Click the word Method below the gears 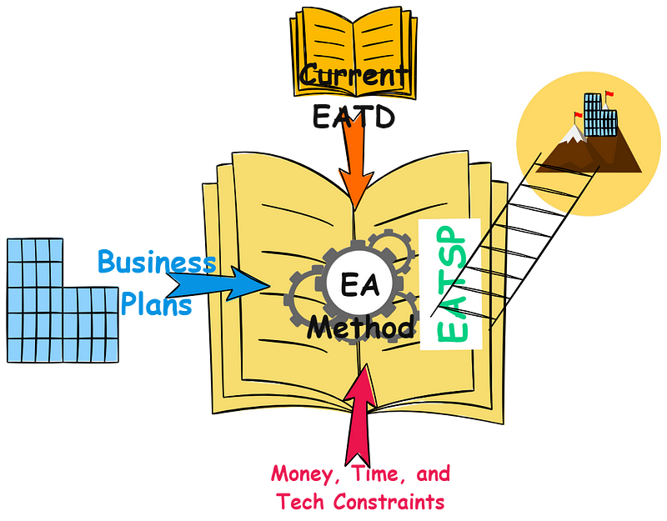pyautogui.click(x=360, y=327)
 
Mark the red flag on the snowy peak pyautogui.click(x=576, y=114)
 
